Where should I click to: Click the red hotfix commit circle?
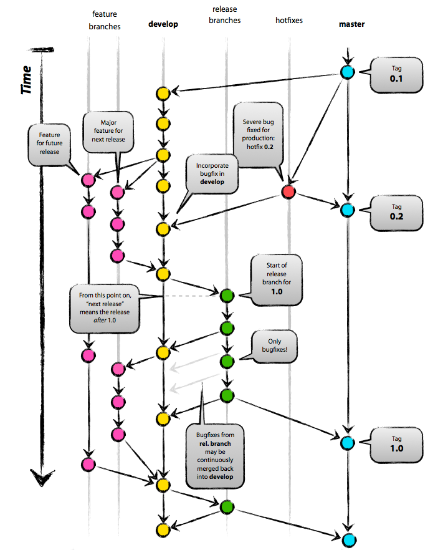point(288,191)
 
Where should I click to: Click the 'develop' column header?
point(163,24)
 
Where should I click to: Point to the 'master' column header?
point(352,24)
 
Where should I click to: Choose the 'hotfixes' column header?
point(289,21)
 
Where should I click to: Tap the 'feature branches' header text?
point(105,20)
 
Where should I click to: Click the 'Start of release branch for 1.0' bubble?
point(276,279)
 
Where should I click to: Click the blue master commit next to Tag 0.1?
point(348,72)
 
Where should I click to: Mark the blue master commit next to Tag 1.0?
point(348,443)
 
